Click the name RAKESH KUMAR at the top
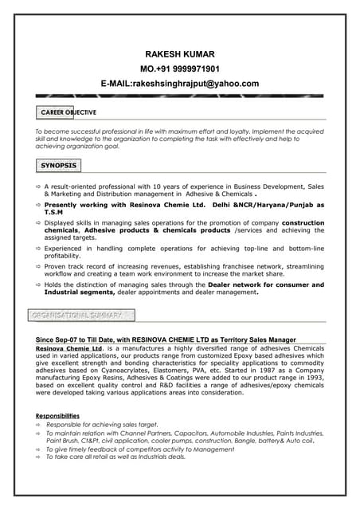(x=179, y=53)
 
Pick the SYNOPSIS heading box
(x=59, y=166)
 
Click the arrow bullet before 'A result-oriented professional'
(x=37, y=186)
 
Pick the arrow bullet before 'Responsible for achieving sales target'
(x=37, y=425)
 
